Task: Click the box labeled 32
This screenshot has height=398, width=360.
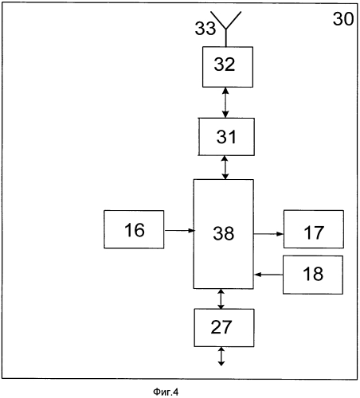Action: [x=228, y=67]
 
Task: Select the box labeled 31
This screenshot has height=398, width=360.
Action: [x=226, y=137]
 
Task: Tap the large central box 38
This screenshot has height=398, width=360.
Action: [x=224, y=234]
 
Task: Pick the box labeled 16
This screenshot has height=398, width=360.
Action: [x=134, y=229]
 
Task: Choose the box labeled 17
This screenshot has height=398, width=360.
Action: [x=314, y=229]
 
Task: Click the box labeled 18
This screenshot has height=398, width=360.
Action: [x=313, y=275]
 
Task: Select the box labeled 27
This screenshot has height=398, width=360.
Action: [x=224, y=328]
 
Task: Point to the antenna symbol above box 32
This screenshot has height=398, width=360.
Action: [x=226, y=29]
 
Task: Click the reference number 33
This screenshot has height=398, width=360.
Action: [x=205, y=29]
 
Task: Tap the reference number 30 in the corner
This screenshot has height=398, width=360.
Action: [x=343, y=19]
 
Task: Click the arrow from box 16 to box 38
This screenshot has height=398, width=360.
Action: [x=180, y=230]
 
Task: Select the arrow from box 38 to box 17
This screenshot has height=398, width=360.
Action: [x=268, y=234]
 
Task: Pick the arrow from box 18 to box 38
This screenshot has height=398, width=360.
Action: [x=268, y=275]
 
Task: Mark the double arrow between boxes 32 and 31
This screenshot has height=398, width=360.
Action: [x=225, y=103]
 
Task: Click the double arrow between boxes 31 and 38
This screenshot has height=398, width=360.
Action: [x=225, y=167]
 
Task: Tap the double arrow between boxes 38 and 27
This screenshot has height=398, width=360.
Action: [x=221, y=298]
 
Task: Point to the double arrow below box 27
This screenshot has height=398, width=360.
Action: [x=221, y=357]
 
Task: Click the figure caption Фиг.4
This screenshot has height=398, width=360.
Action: [x=166, y=392]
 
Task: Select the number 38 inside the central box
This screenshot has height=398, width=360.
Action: [x=224, y=233]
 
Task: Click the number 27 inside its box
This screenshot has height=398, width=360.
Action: [x=221, y=327]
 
